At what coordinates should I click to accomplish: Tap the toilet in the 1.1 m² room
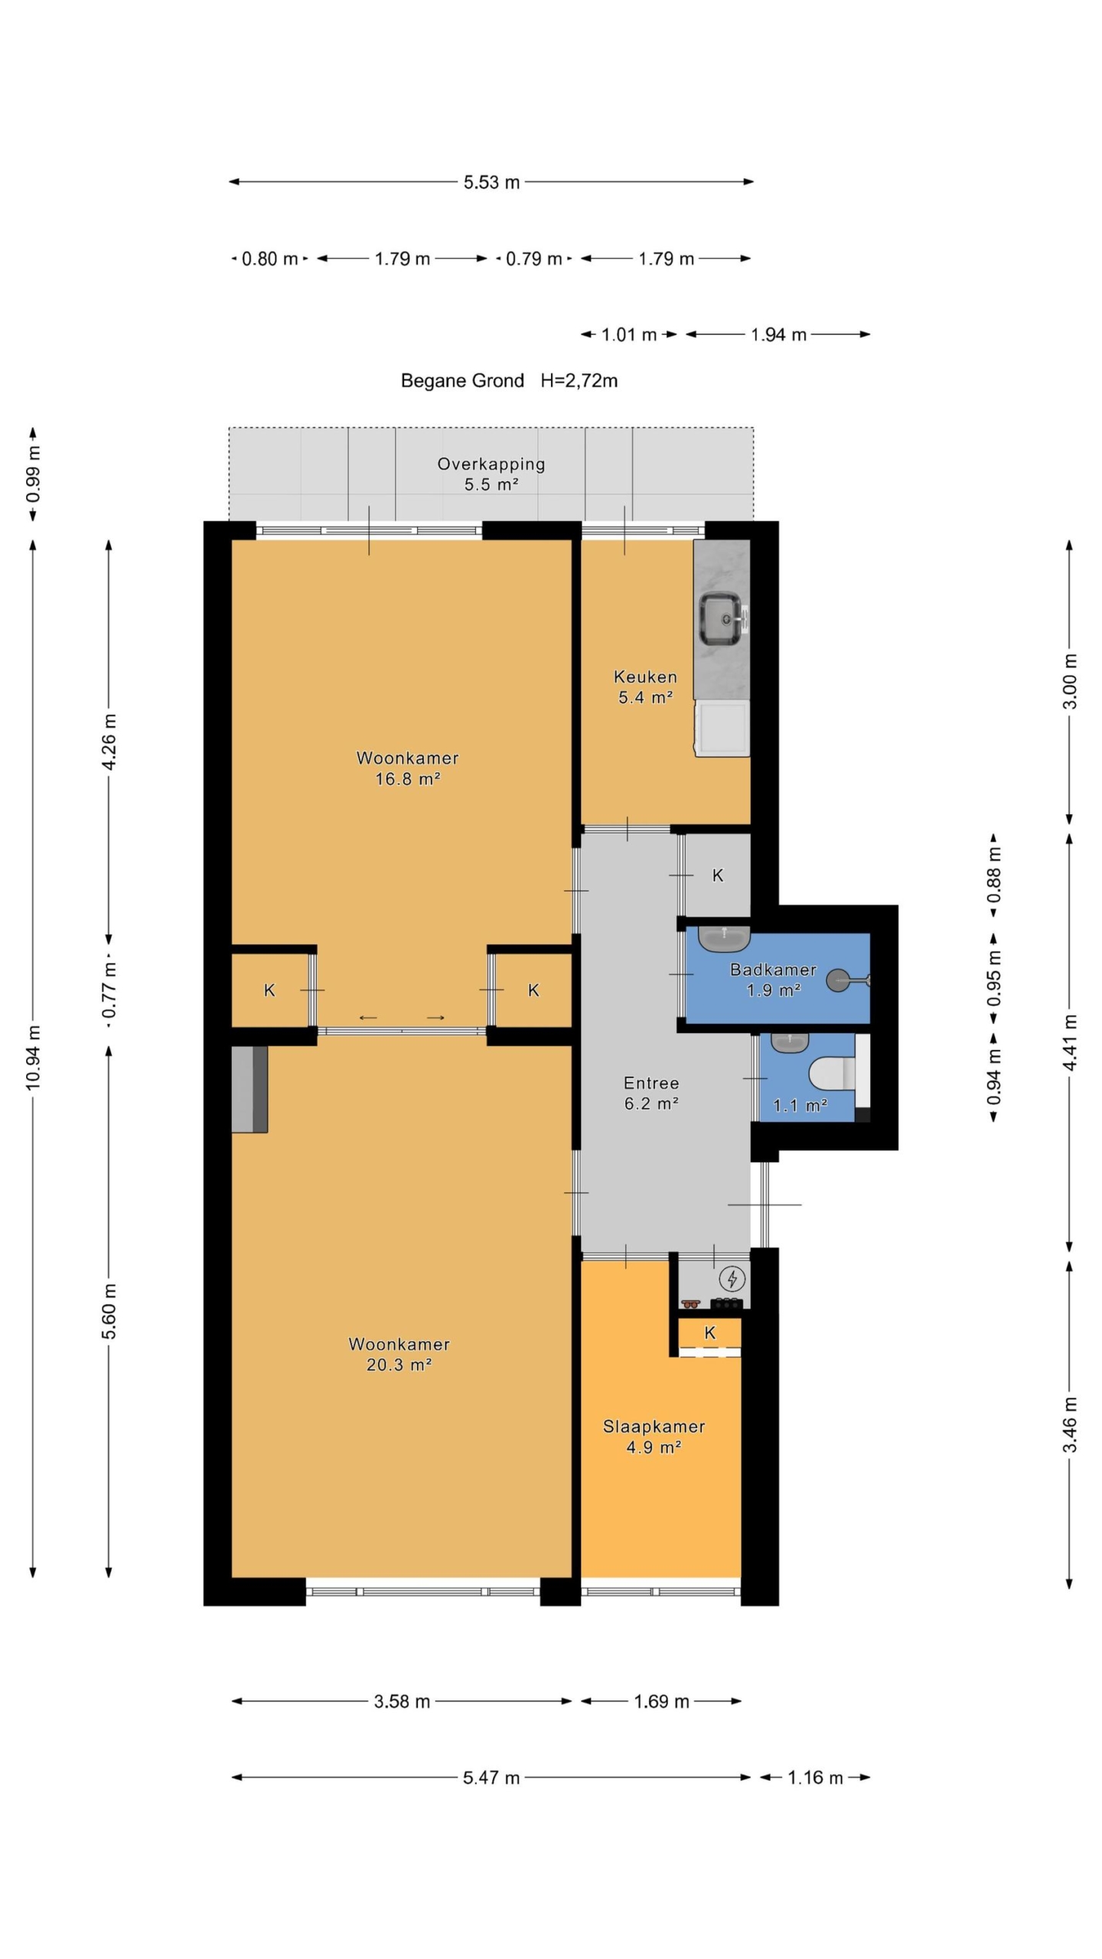coord(831,1074)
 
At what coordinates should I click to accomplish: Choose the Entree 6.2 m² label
coord(651,1093)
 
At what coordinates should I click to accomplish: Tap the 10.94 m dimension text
coord(33,1058)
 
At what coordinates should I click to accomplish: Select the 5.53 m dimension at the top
coord(491,182)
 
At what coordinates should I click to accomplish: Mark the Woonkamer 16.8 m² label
coord(407,768)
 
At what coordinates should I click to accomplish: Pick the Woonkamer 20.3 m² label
coord(399,1354)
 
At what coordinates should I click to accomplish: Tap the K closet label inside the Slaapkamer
coord(709,1332)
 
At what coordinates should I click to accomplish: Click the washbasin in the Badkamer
coord(724,937)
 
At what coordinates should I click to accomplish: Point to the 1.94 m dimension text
coord(778,334)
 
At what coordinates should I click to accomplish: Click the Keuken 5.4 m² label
coord(645,686)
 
